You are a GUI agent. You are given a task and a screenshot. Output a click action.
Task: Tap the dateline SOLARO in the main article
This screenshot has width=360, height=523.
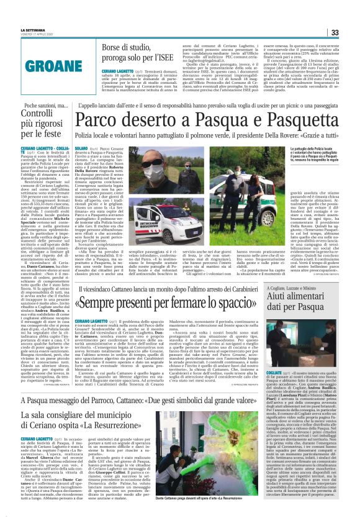82,148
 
